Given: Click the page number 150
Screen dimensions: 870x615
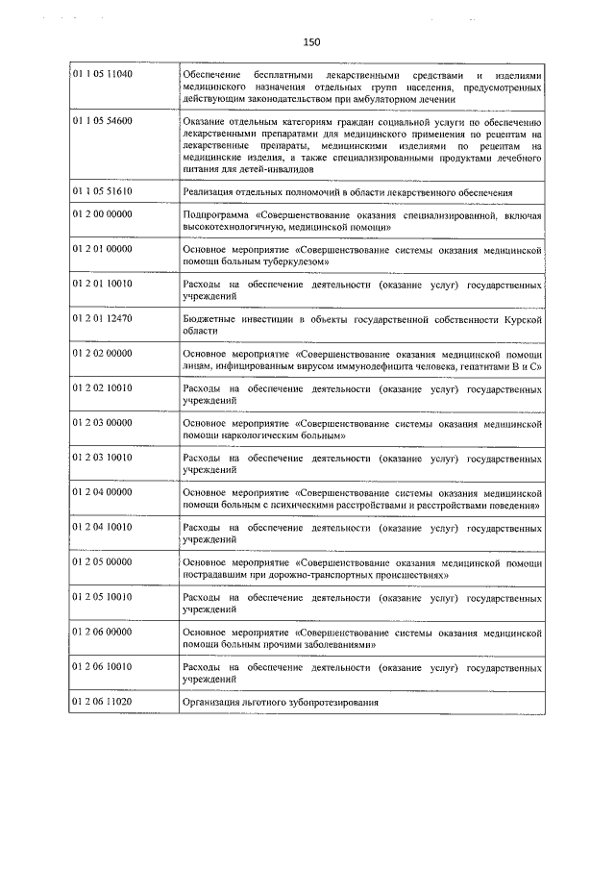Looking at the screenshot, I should [309, 41].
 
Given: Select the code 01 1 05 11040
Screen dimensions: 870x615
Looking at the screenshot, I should [102, 75].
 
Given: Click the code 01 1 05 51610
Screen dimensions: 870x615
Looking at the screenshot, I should [102, 191].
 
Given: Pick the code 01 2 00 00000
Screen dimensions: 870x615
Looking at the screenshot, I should [102, 215].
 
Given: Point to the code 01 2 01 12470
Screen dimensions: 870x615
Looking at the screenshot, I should [102, 318].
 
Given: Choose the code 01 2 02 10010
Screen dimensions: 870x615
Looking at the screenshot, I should [102, 388].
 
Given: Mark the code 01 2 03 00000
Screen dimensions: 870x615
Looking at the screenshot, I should [102, 422].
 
